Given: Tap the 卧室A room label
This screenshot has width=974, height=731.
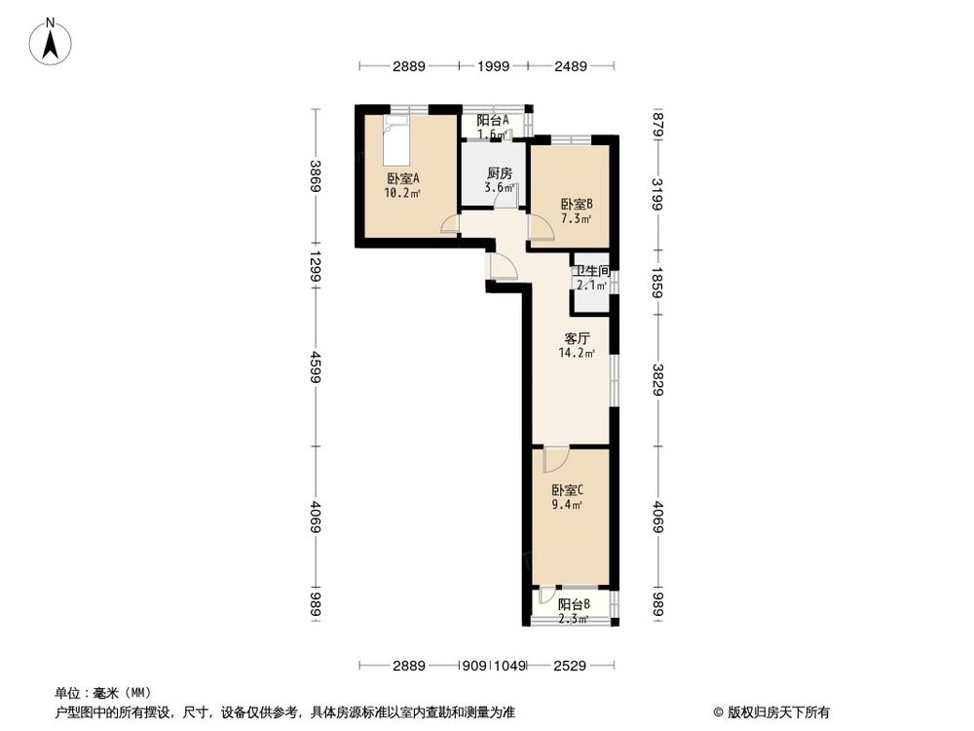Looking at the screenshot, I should click(402, 178).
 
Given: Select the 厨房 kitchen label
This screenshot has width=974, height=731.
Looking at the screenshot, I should click(500, 173).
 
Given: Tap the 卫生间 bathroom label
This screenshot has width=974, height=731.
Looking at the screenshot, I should click(591, 272).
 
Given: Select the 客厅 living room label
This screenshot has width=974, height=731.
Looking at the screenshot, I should click(578, 339).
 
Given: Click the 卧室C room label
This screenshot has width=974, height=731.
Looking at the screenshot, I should click(567, 490).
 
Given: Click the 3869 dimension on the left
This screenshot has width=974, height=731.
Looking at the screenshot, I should click(316, 176).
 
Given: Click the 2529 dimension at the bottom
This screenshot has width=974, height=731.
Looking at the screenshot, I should click(573, 666).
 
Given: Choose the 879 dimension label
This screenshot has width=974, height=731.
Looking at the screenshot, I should click(658, 125).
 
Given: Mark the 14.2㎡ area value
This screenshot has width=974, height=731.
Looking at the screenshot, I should click(578, 354).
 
